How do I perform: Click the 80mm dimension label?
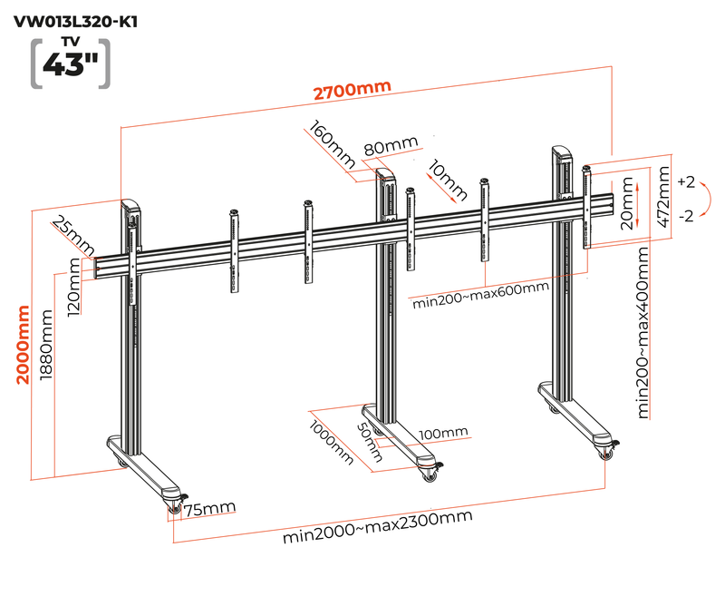[x=391, y=147]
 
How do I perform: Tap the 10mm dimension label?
[x=448, y=180]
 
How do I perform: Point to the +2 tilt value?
[x=685, y=182]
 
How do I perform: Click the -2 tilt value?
[x=685, y=215]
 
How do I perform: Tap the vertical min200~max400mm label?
[x=643, y=330]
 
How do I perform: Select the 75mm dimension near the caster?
[x=209, y=510]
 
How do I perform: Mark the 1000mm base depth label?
[x=331, y=444]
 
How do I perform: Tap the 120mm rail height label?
[x=74, y=283]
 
